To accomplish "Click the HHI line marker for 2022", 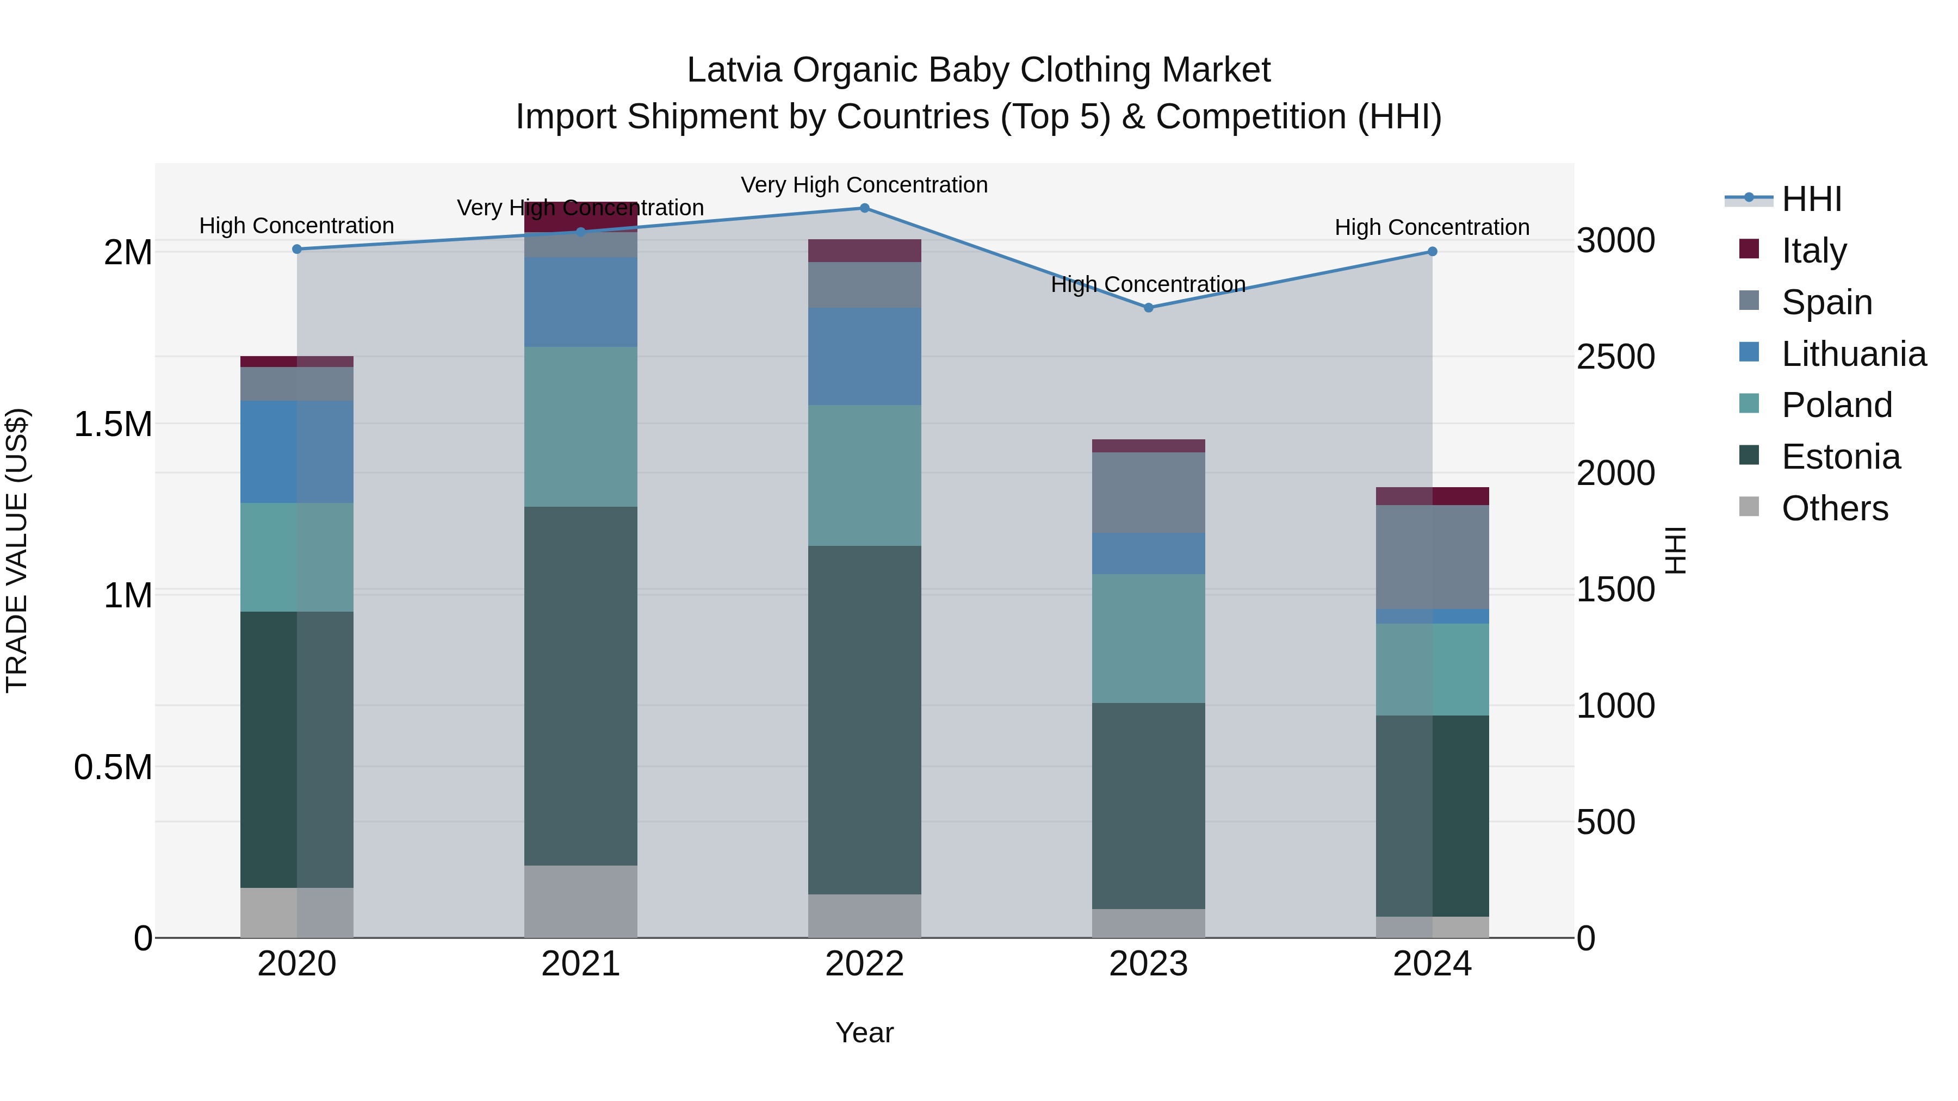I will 864,208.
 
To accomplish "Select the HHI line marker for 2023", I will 1149,308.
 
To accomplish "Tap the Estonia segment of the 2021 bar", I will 581,686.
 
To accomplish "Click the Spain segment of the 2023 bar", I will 1149,493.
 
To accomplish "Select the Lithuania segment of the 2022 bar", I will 864,356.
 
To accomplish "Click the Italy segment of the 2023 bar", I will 1149,446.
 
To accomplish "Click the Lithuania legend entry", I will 1853,354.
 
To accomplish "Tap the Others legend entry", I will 1834,508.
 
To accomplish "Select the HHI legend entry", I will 1811,199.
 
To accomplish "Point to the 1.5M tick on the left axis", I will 113,424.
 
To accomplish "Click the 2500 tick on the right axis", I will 1615,357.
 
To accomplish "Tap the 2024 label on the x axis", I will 1432,964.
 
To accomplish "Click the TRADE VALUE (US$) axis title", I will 17,550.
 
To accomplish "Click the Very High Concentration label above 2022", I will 864,185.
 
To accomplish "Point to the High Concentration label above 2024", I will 1432,227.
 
